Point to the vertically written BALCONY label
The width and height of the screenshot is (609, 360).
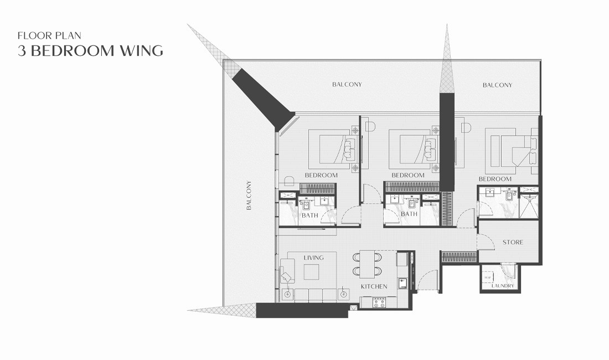click(x=249, y=196)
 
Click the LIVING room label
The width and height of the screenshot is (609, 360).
click(x=313, y=258)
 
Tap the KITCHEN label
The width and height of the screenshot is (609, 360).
click(x=374, y=286)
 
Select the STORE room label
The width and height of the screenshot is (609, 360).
click(x=513, y=243)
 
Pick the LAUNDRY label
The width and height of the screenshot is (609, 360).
click(x=503, y=286)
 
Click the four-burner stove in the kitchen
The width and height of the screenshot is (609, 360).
click(x=379, y=302)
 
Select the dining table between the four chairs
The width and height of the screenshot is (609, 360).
click(x=367, y=264)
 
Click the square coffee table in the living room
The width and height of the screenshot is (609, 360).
click(x=311, y=272)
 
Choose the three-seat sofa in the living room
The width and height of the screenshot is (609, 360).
click(x=314, y=294)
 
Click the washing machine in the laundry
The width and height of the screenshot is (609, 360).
click(x=488, y=277)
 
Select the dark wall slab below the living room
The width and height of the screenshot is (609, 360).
click(x=302, y=310)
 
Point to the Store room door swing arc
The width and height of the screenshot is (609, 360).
click(x=485, y=240)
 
